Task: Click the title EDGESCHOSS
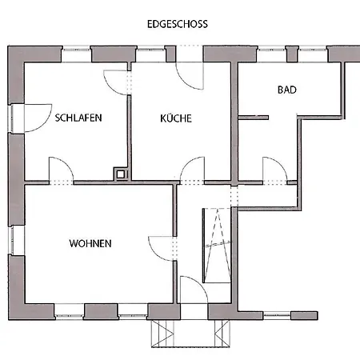tap(178, 24)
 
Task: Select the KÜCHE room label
tap(175, 118)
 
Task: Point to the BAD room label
tap(287, 90)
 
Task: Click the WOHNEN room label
tap(90, 243)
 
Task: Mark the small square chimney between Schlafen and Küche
tap(121, 172)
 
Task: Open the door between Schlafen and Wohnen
tap(62, 170)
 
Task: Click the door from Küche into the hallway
tap(192, 170)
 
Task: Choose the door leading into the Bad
tap(274, 170)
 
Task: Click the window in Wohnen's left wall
tap(12, 239)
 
